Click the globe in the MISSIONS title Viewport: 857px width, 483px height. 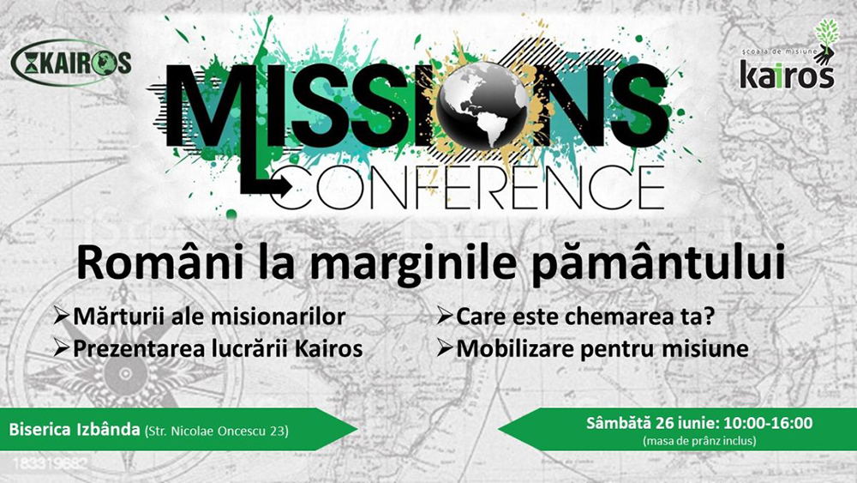482,105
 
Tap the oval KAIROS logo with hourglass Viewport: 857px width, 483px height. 72,63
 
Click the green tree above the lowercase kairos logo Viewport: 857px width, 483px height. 826,34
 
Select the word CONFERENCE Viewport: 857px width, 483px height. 474,189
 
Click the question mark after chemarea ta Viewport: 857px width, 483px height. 709,316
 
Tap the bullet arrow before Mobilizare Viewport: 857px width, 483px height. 445,348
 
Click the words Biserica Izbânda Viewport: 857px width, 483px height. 75,430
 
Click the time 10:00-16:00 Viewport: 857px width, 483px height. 769,423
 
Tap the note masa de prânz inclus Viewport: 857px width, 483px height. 699,441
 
